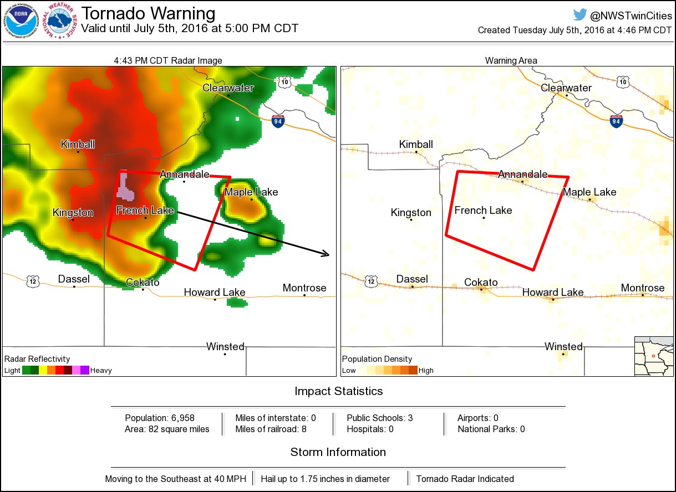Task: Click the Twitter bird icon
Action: [580, 15]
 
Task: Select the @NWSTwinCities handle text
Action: [631, 16]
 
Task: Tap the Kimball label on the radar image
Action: [78, 145]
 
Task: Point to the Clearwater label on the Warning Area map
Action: [566, 88]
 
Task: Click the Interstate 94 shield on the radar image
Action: [278, 120]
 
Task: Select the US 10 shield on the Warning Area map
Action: [624, 82]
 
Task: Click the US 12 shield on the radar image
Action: [33, 282]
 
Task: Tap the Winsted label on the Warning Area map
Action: [563, 347]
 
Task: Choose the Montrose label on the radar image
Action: [304, 288]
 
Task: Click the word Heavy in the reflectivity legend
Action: [101, 370]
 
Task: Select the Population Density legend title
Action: [377, 359]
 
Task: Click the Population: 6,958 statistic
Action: [160, 418]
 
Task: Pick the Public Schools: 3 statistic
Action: [380, 418]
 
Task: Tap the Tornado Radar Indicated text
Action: [465, 479]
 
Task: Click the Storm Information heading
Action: [338, 452]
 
